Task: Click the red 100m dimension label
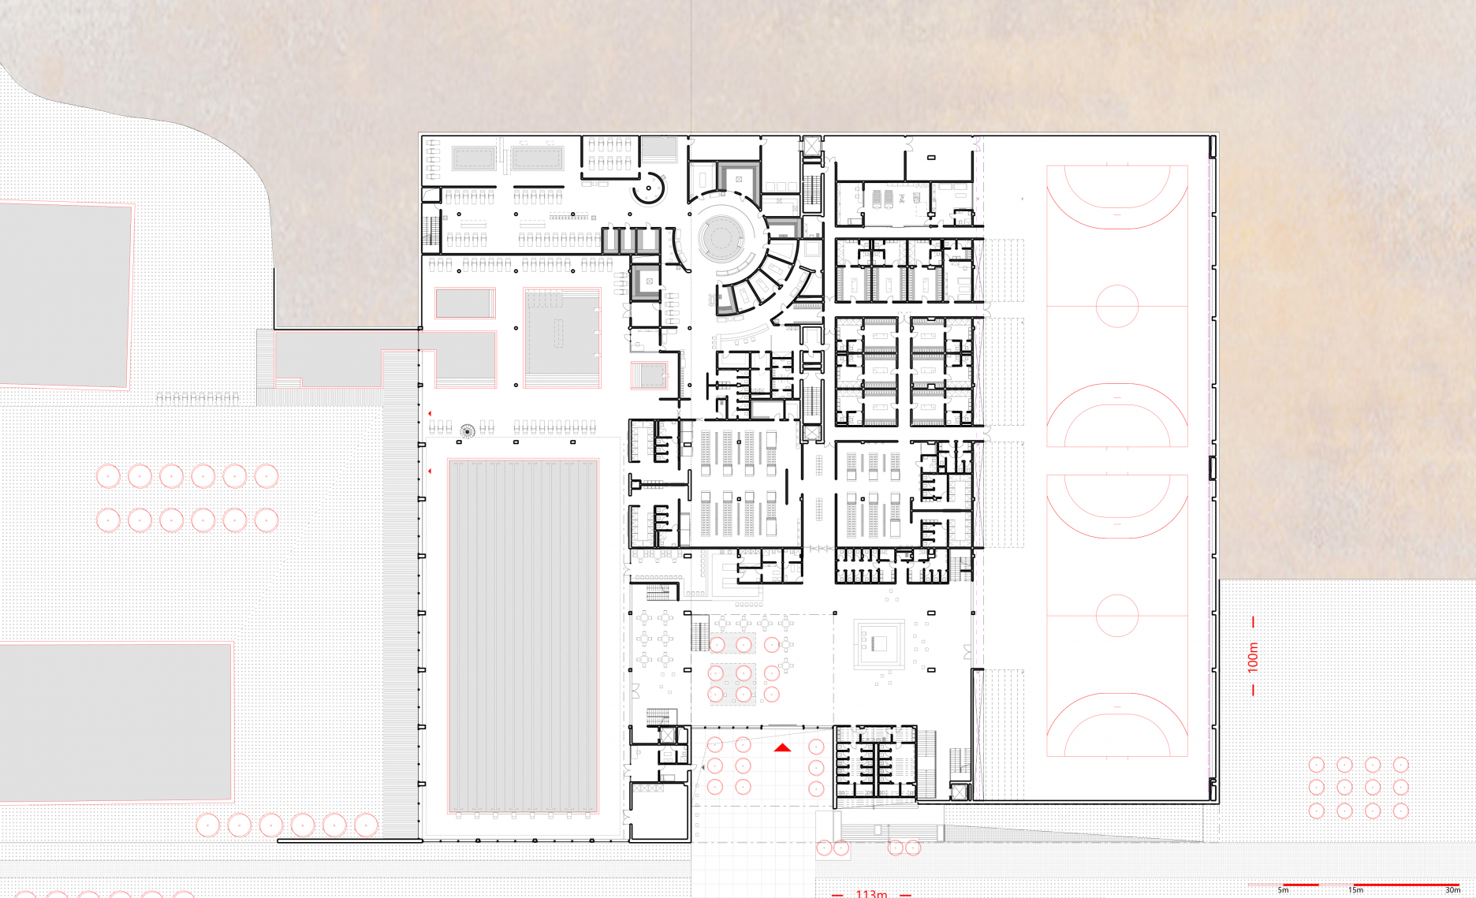1253,657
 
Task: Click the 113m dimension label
871,893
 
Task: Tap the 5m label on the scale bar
1283,890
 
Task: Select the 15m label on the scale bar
1355,890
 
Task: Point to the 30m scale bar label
1452,890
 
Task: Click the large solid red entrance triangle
782,747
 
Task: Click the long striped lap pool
523,635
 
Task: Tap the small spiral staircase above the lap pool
468,430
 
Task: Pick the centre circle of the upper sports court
1117,305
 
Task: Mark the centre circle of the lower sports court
1117,615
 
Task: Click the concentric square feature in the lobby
879,644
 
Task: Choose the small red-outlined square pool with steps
650,375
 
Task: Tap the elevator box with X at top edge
812,145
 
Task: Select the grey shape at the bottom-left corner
116,722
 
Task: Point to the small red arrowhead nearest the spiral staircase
430,413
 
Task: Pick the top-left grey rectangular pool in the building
474,158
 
